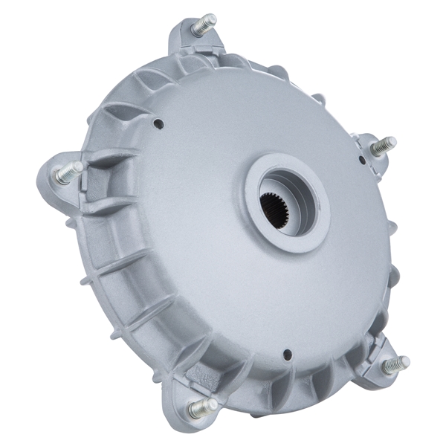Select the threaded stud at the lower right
395,364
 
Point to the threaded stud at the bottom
202,407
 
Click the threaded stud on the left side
68,173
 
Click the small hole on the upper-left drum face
158,124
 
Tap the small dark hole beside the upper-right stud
363,160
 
